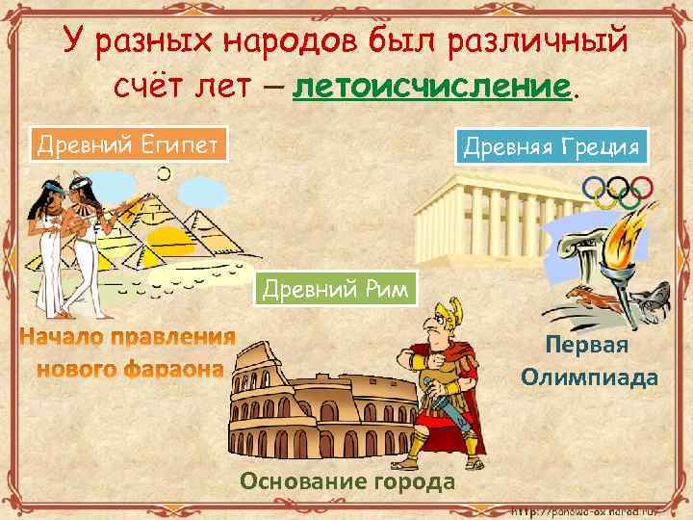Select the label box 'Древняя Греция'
(552, 147)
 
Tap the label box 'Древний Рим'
(336, 288)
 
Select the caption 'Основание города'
(346, 481)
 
